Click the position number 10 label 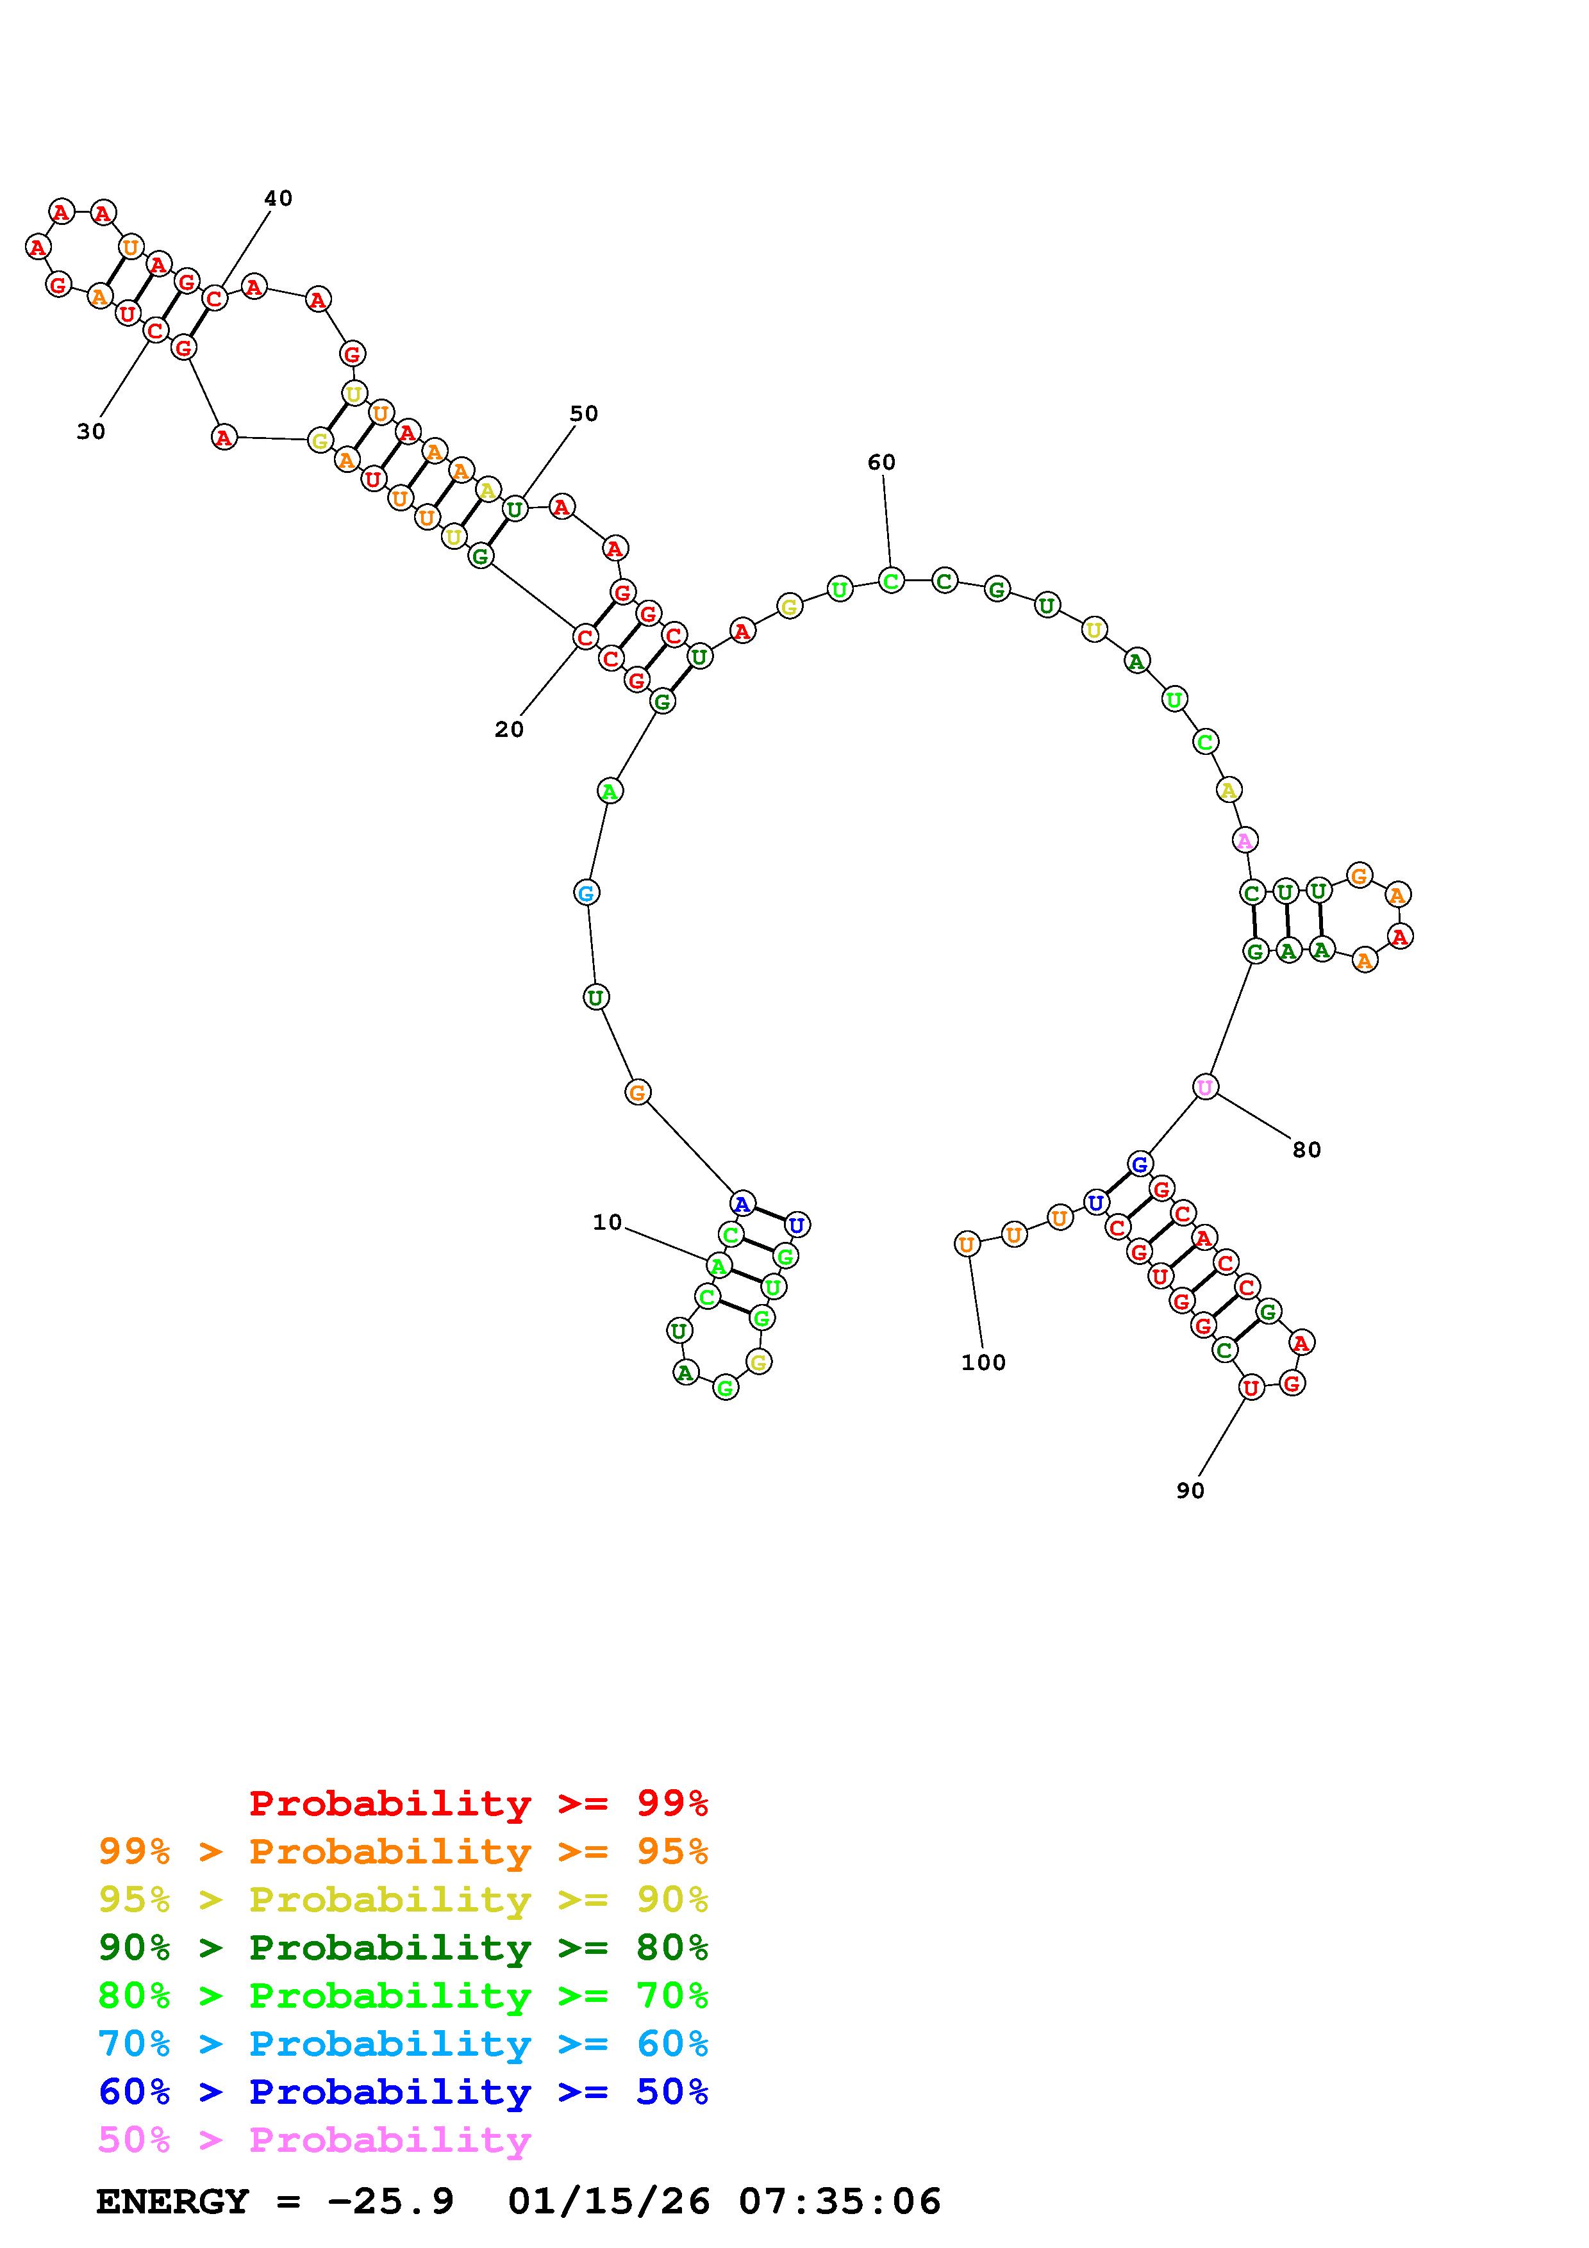(607, 1222)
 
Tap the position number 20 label (509, 729)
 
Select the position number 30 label (91, 432)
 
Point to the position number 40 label (278, 198)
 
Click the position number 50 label (583, 413)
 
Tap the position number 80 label (1307, 1150)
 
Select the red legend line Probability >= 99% (479, 1803)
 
